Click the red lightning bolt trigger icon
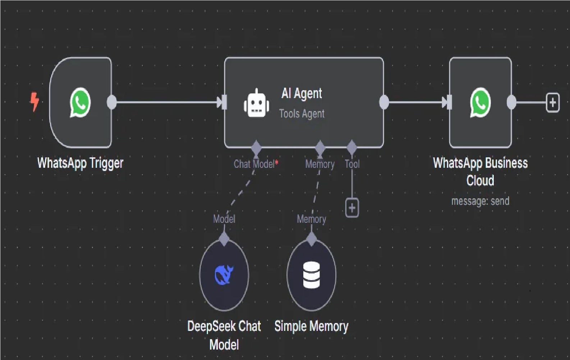34,102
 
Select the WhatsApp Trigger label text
80,163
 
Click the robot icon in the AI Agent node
256,103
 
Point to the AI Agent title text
302,93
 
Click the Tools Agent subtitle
302,114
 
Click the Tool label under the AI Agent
352,164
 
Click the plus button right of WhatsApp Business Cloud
552,102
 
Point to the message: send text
480,201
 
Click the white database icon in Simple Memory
311,275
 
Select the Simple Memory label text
311,326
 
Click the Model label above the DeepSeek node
224,219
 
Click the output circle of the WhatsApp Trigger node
112,102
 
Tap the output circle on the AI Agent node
384,102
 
